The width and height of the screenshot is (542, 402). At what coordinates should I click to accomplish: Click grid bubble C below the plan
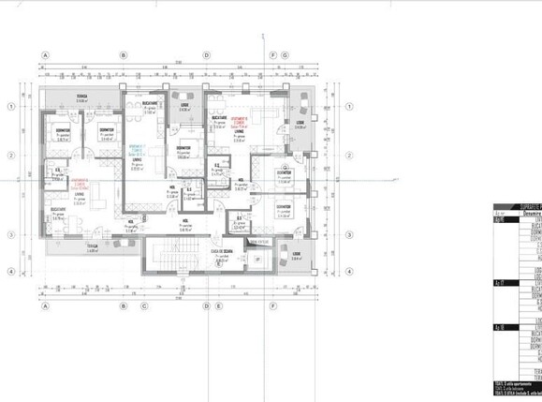click(x=144, y=305)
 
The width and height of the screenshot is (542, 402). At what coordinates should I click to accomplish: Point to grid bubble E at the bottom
click(x=218, y=305)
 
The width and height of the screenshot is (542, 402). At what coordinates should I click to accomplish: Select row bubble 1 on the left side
click(x=10, y=107)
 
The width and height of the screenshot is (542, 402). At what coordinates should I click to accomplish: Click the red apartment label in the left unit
click(x=80, y=184)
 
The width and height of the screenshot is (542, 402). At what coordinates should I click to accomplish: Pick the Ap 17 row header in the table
click(x=499, y=281)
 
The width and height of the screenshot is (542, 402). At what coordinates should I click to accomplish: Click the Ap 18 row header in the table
click(x=499, y=328)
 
